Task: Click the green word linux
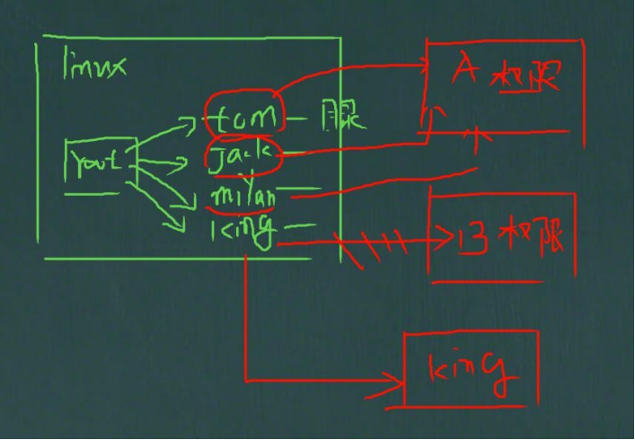pyautogui.click(x=94, y=66)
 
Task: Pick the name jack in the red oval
pyautogui.click(x=242, y=157)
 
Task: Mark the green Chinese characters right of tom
pyautogui.click(x=342, y=118)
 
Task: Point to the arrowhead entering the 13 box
pyautogui.click(x=443, y=240)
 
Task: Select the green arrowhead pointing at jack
pyautogui.click(x=181, y=163)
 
